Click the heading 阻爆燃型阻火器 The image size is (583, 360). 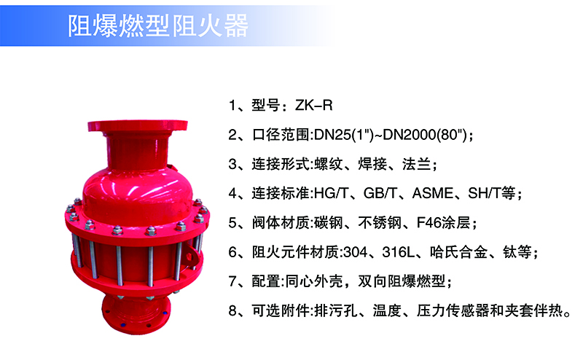(x=157, y=26)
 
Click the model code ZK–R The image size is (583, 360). (x=314, y=106)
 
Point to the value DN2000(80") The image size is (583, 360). (x=425, y=135)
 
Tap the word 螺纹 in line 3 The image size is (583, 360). (x=328, y=164)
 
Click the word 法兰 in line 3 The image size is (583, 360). (x=416, y=164)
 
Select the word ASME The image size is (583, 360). (x=432, y=193)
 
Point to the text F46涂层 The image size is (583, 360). (x=443, y=223)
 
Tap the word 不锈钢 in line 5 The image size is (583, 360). (x=380, y=223)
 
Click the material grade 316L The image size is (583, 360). (x=398, y=252)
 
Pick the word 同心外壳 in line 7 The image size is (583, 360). (x=313, y=281)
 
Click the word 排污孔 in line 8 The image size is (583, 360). (x=336, y=311)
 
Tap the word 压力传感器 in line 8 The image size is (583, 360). (x=453, y=311)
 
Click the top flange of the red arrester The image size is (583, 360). (x=138, y=125)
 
